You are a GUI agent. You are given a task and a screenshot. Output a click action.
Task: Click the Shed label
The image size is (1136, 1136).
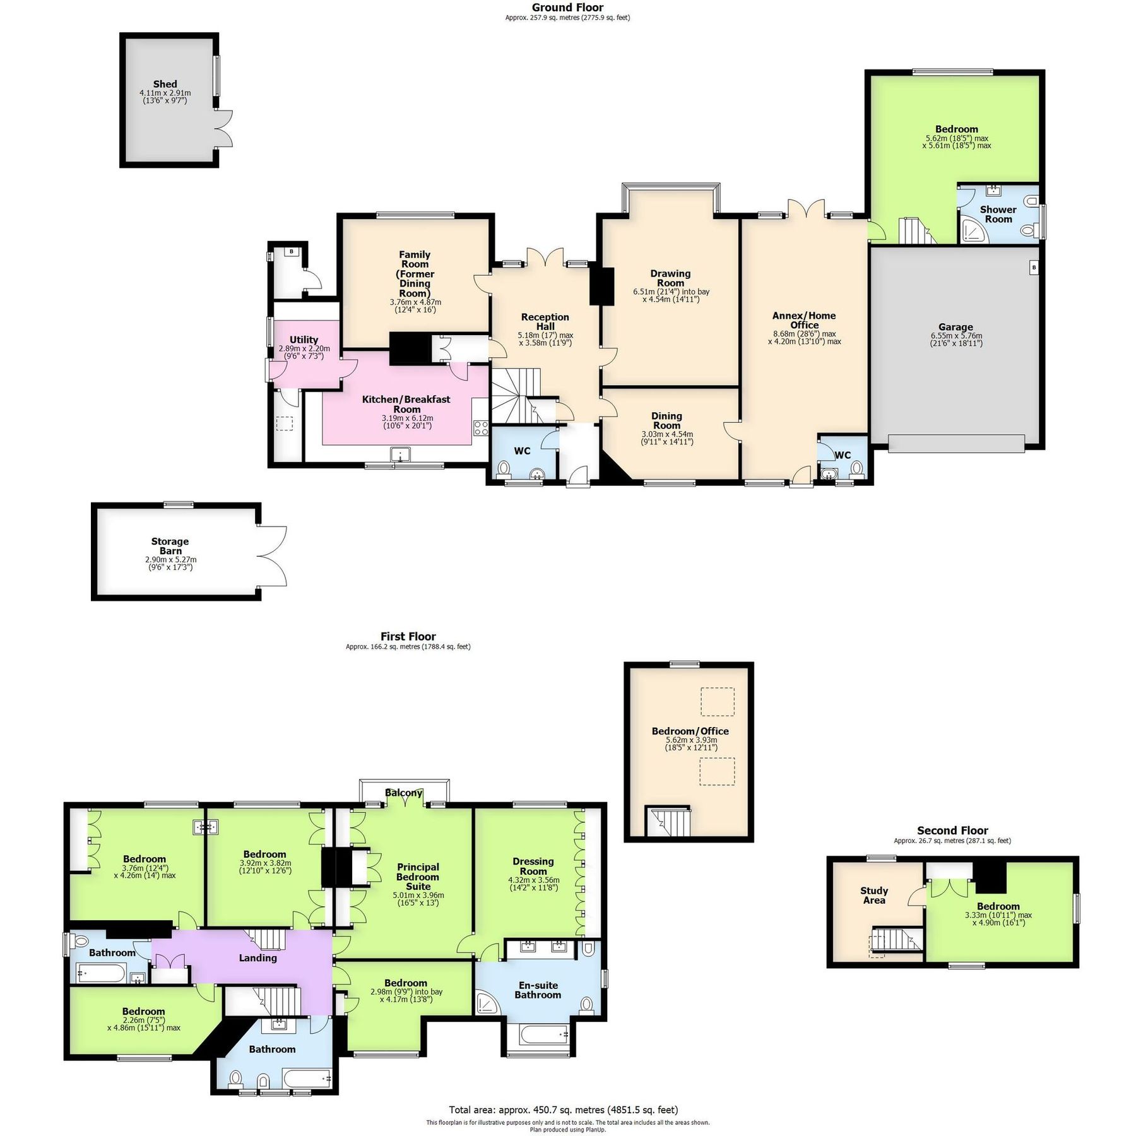165,84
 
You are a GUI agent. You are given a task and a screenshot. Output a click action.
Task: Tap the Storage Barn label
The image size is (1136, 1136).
170,546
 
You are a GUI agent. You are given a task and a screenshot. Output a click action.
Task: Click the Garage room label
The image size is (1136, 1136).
955,327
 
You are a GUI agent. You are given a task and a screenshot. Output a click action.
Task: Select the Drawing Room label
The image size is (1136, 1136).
670,278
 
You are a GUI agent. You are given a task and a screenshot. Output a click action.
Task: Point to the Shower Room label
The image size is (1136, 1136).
998,214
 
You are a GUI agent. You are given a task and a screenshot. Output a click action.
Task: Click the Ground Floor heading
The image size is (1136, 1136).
567,8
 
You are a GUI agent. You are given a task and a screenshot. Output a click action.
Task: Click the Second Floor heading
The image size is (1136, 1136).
952,831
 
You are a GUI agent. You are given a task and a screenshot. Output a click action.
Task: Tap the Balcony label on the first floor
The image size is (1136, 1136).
404,793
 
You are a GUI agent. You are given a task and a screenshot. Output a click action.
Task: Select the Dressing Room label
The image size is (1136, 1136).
533,866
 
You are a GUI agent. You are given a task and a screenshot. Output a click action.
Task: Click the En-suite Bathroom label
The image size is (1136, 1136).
538,990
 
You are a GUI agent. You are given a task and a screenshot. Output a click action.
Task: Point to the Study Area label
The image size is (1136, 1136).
874,895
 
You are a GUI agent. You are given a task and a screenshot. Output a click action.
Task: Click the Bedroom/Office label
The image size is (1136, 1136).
690,731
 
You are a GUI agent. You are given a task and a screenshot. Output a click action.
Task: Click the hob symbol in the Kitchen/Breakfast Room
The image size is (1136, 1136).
481,428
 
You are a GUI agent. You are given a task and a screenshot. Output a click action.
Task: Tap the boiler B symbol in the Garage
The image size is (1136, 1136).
1034,268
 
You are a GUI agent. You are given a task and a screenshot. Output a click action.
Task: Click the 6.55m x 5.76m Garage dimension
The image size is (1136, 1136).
956,336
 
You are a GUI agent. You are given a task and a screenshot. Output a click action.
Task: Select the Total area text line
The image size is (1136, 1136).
563,1109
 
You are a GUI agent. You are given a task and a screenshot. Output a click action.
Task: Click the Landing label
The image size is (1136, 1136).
257,958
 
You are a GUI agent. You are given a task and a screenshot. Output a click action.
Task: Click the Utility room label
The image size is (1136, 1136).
304,340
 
